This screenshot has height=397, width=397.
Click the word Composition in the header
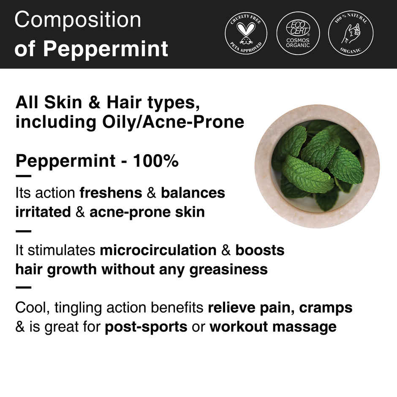[x=78, y=20]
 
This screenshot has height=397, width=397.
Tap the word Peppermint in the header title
[x=106, y=49]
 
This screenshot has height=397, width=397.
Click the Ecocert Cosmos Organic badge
[x=298, y=34]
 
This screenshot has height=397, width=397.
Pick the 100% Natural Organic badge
[x=350, y=34]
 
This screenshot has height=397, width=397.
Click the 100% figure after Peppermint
[x=156, y=161]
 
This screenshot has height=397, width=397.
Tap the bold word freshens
[x=111, y=193]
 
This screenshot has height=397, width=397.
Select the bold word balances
[x=193, y=193]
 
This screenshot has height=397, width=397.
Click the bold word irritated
[x=43, y=212]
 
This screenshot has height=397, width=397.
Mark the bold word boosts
[x=260, y=250]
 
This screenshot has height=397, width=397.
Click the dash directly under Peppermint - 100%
[x=23, y=177]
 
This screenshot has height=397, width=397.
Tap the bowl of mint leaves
[x=317, y=166]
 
